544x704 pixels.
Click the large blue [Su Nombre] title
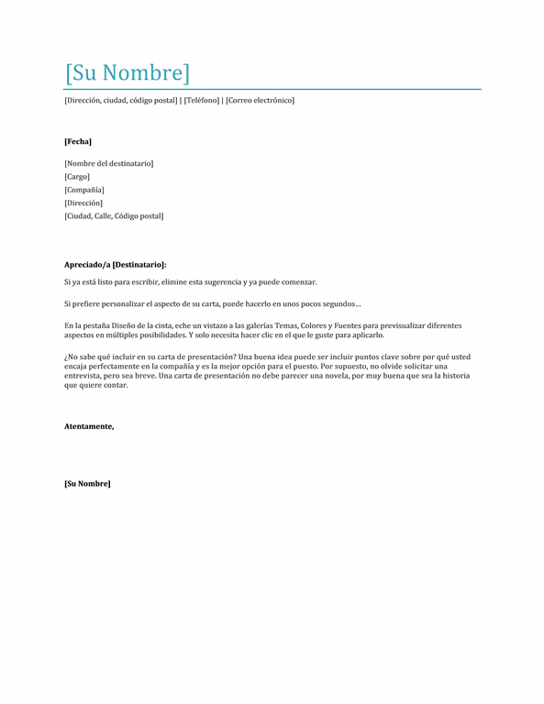point(128,72)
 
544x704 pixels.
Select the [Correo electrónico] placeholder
point(260,100)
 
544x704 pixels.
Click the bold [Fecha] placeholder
point(78,141)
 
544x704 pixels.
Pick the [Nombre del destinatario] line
point(108,163)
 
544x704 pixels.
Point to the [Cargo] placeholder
point(77,176)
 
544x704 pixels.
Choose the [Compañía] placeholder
point(84,190)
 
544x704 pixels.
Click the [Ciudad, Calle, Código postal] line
point(114,216)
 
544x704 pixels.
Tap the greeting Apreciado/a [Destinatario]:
point(116,264)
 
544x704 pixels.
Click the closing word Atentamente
point(89,426)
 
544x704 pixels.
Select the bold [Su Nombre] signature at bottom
point(87,483)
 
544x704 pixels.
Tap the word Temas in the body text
point(287,325)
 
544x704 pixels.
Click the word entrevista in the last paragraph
point(85,376)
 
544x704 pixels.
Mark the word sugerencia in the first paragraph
point(220,281)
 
